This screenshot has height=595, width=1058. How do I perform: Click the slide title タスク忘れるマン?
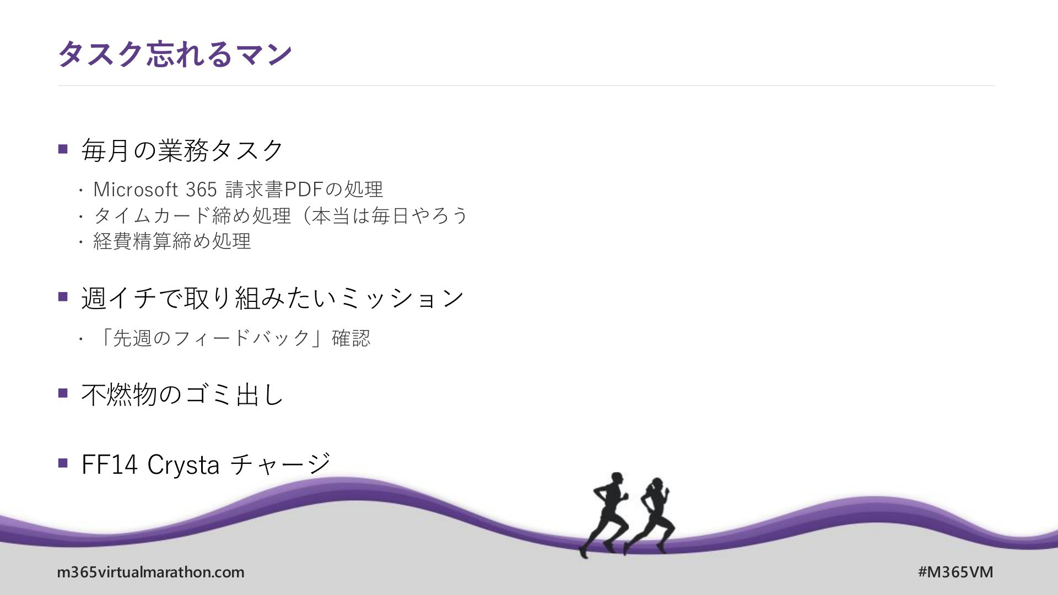click(x=175, y=54)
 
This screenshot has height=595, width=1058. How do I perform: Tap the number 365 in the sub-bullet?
click(x=201, y=190)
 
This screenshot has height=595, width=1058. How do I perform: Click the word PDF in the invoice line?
click(x=303, y=190)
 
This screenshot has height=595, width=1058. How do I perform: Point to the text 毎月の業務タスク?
click(x=182, y=150)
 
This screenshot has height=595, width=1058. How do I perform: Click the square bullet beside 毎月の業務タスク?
click(x=63, y=149)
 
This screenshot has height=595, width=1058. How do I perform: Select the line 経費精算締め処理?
click(x=172, y=241)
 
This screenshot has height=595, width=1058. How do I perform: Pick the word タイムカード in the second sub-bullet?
click(x=152, y=215)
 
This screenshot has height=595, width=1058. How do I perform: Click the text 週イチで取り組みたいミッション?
click(x=273, y=298)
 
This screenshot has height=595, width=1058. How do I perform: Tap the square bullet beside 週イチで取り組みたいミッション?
click(x=63, y=297)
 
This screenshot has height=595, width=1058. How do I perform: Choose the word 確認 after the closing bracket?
click(x=351, y=338)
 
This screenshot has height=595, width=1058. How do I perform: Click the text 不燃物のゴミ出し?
click(x=182, y=394)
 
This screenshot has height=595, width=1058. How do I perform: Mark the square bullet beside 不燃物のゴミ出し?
click(x=63, y=393)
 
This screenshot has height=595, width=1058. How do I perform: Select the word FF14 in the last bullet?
click(x=109, y=464)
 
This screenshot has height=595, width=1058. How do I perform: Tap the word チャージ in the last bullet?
click(x=280, y=464)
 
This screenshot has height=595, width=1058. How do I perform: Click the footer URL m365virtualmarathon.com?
click(x=150, y=572)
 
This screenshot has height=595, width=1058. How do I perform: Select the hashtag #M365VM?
click(x=956, y=572)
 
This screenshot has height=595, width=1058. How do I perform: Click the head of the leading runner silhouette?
click(x=657, y=485)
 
